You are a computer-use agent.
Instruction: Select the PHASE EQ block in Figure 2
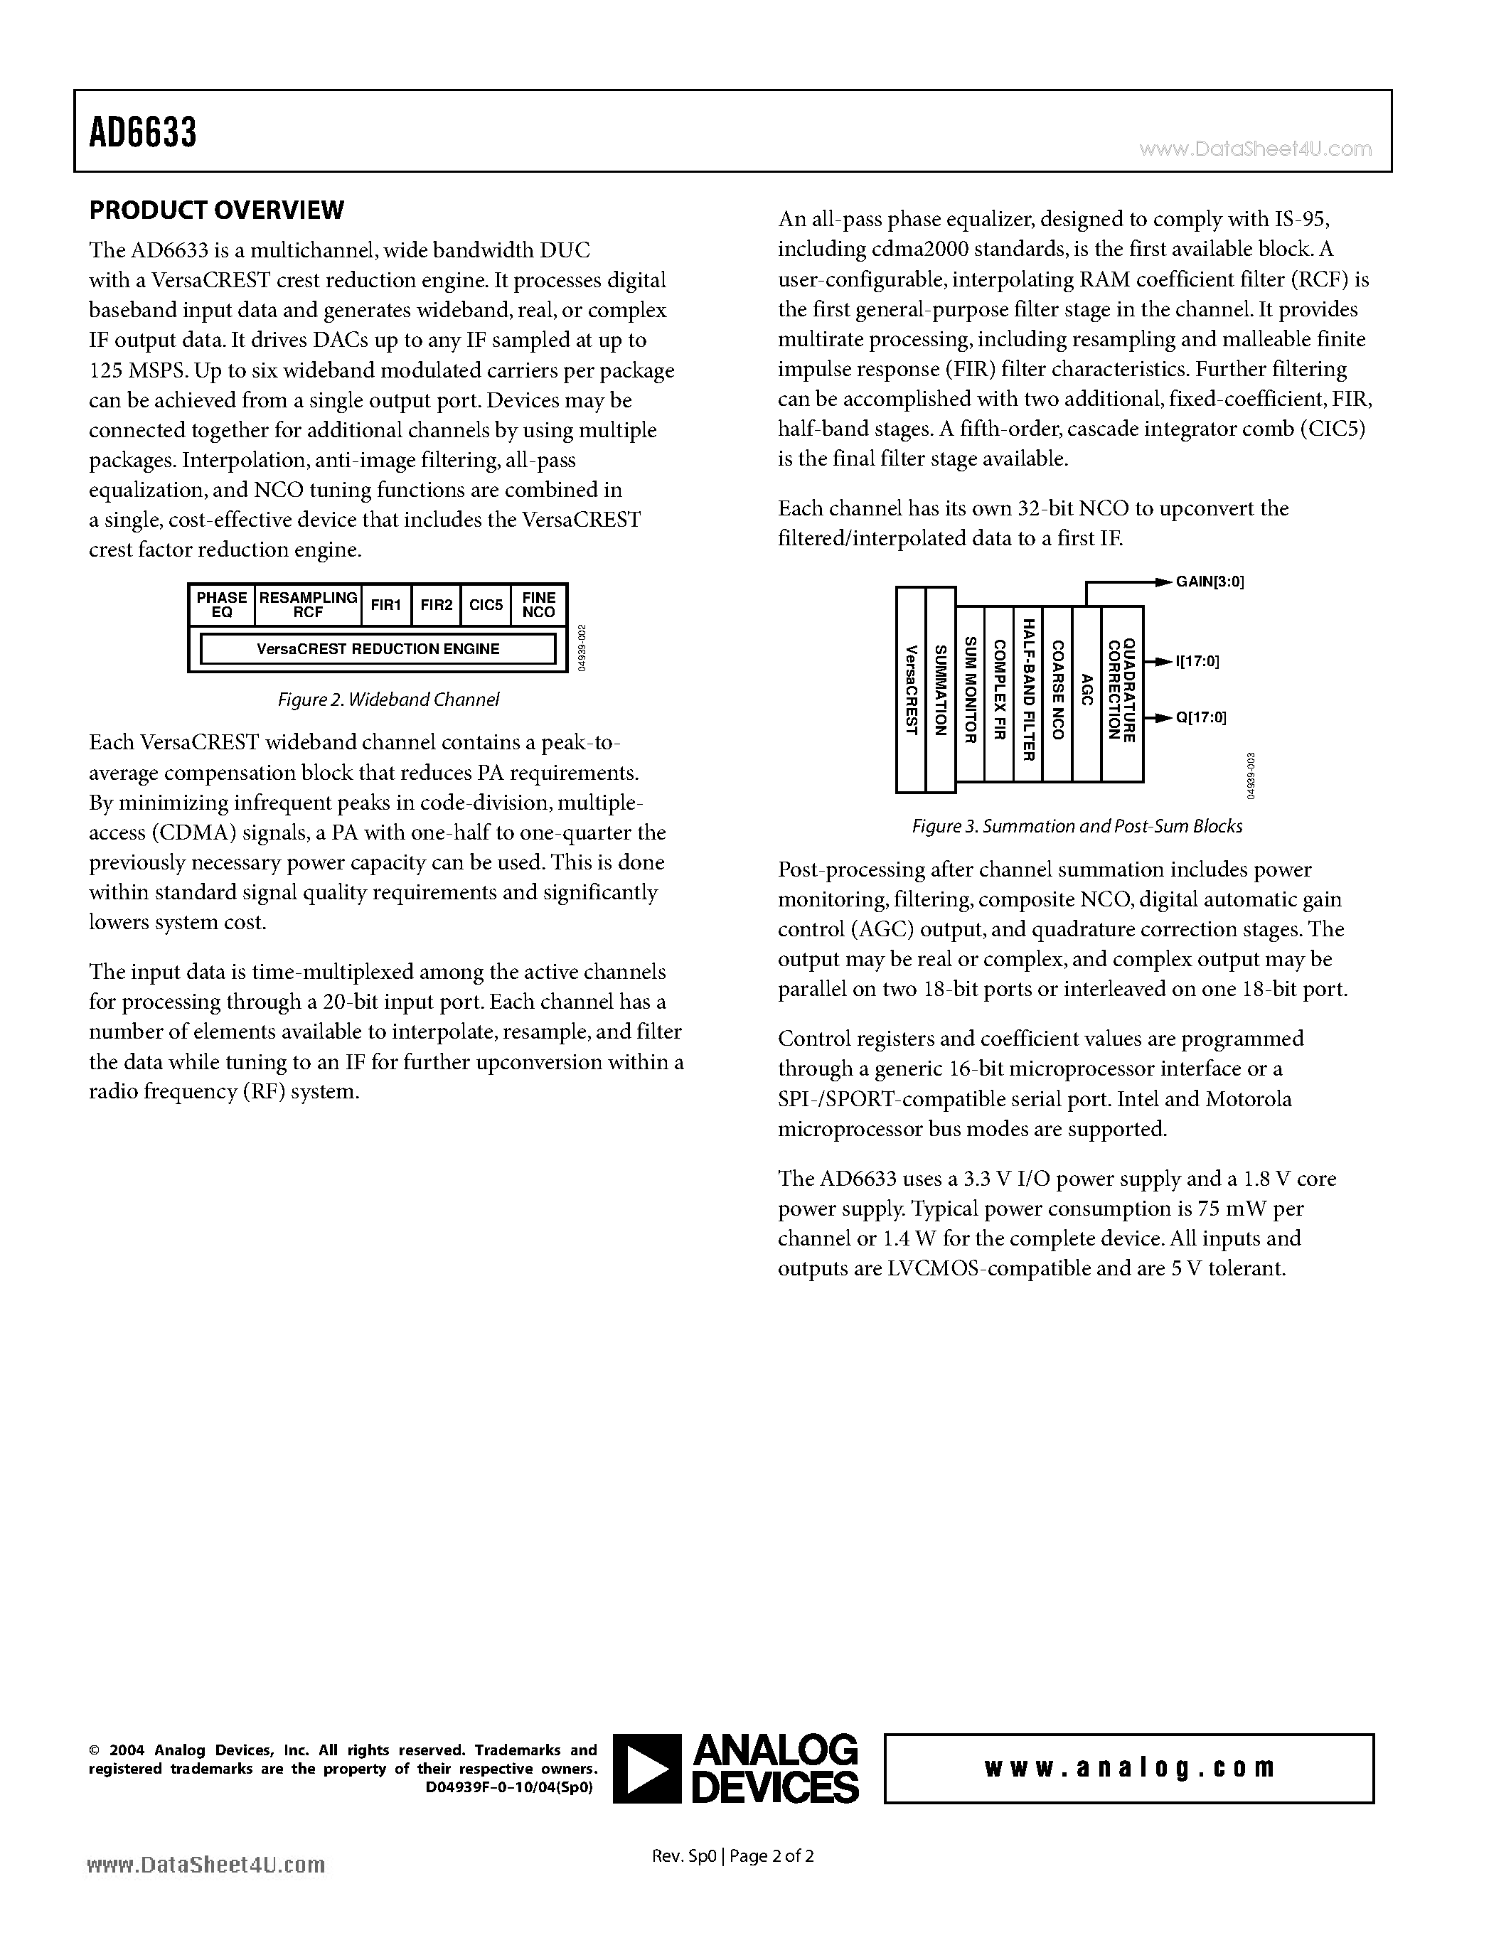coord(221,605)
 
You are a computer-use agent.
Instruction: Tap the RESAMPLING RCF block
coord(308,605)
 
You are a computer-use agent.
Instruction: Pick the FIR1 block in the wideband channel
coord(385,605)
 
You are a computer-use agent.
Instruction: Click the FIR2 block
coord(436,605)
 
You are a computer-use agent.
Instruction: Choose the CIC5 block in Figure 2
coord(486,605)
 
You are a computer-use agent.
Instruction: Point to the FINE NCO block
coord(539,605)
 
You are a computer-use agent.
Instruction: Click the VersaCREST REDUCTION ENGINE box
coord(378,649)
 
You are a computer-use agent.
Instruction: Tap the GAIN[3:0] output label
coord(1210,582)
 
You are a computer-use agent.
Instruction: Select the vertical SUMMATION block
coord(940,690)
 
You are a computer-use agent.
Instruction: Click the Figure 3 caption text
coord(1076,826)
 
